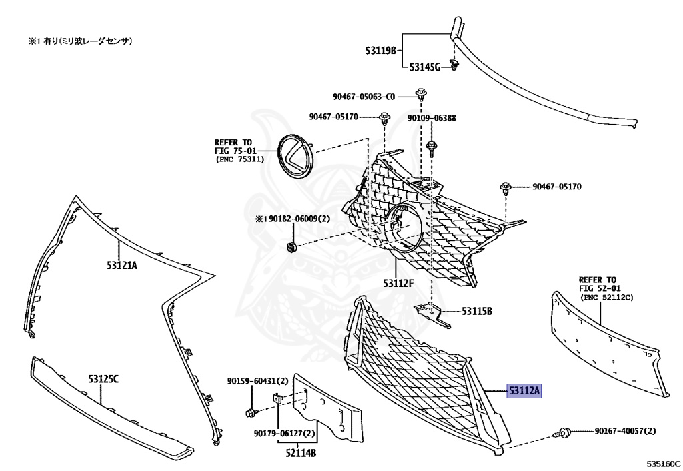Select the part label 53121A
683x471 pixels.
tap(121, 265)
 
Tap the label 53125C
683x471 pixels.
tap(103, 379)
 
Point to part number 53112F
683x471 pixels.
tap(398, 283)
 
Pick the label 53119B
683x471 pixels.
tap(380, 50)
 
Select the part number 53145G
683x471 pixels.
tap(425, 67)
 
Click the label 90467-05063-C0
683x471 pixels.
tap(364, 96)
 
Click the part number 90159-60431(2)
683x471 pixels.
tap(257, 381)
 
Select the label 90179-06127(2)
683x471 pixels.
tap(284, 433)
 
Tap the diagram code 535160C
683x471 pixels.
tap(662, 462)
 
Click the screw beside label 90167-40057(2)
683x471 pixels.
tap(562, 434)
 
